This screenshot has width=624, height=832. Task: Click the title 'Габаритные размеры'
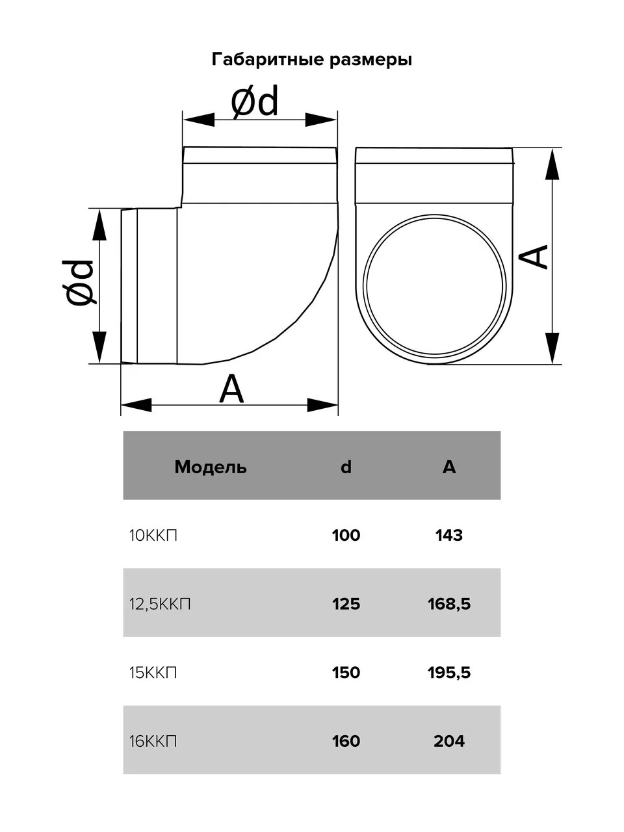tap(311, 60)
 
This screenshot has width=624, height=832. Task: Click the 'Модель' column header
tap(211, 467)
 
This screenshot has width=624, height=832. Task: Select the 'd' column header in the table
tap(346, 467)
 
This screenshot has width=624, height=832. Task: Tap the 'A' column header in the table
tap(449, 467)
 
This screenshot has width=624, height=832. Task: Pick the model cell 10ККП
tap(153, 536)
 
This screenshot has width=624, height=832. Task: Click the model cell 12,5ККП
tap(160, 604)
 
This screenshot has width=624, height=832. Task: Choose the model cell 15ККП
tap(153, 673)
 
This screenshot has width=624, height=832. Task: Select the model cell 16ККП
tap(153, 741)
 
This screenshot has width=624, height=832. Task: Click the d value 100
tap(346, 536)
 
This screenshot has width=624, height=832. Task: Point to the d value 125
tap(346, 604)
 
